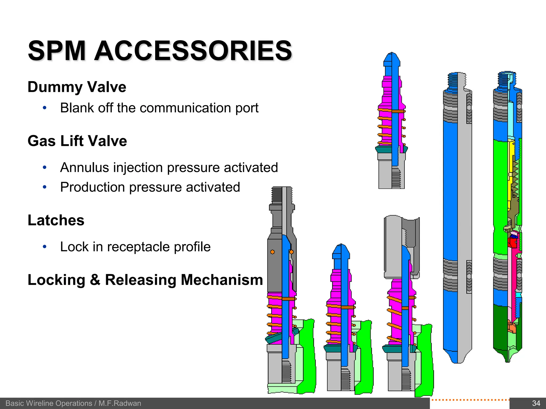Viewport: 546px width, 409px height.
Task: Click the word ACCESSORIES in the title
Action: coord(193,51)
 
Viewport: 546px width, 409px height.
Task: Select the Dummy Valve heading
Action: coord(77,87)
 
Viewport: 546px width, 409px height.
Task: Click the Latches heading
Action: coord(56,220)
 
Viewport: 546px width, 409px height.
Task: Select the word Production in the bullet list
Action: coord(93,187)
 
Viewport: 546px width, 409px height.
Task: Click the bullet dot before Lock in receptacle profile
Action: coord(45,247)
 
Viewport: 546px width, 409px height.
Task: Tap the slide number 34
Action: coord(536,403)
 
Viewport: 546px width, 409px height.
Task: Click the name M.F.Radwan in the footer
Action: coord(120,403)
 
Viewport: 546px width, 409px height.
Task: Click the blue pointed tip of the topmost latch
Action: coord(391,59)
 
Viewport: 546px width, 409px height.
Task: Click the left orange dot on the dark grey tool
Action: coord(272,252)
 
